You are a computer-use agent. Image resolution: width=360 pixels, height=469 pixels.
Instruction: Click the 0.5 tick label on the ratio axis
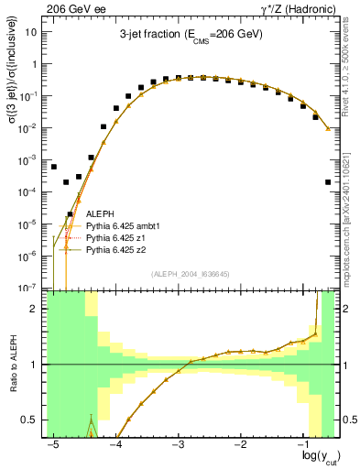point(33,420)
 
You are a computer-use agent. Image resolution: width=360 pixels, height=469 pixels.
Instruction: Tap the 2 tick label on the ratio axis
point(38,309)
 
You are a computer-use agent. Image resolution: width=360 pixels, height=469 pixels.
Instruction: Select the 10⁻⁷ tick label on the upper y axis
point(30,288)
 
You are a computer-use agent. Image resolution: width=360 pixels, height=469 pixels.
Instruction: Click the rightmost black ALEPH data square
point(328,182)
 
